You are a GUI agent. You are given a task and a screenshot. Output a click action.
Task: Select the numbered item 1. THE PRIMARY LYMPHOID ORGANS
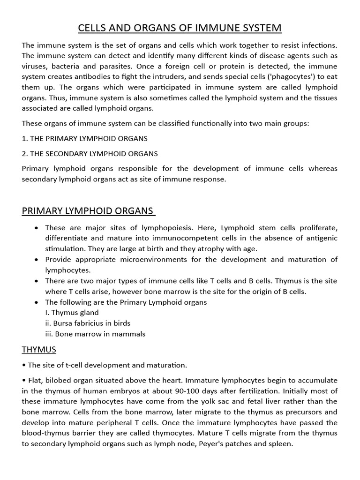85,138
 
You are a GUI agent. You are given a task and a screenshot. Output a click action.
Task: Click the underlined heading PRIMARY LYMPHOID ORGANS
88,211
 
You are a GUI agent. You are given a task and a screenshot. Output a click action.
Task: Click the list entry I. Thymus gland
72,312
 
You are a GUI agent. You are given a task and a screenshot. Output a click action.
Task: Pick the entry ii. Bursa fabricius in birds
88,323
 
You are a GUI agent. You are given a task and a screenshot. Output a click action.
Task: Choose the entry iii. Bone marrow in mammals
95,334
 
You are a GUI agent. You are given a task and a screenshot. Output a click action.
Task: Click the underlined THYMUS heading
39,349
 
